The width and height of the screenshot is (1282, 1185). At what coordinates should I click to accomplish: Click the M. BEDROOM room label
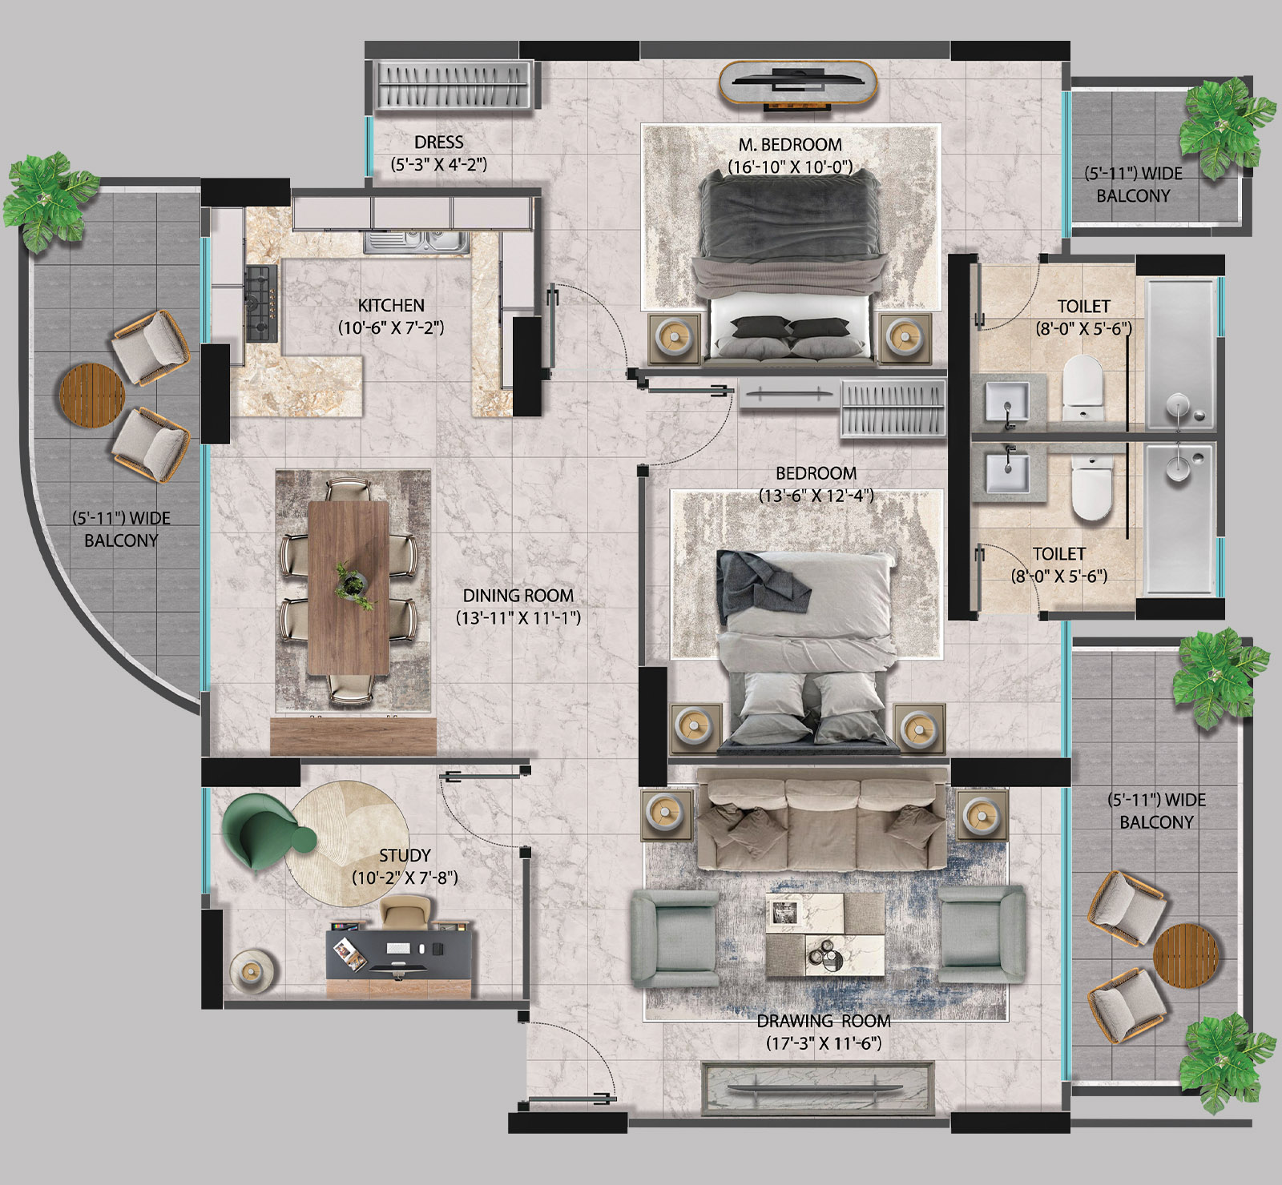coord(790,145)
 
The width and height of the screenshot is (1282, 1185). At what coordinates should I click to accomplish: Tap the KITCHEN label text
coord(391,305)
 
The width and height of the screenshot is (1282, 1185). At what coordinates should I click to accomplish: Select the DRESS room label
coord(439,142)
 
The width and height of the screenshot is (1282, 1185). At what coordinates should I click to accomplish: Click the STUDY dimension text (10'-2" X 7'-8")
coord(405,878)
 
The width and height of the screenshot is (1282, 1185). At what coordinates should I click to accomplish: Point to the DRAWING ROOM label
coord(824,1021)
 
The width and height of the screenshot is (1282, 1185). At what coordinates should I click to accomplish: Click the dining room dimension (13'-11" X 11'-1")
coord(518,618)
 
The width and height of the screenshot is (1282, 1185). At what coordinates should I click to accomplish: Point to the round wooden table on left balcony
coord(93,394)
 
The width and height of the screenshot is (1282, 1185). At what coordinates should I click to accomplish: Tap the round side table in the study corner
coord(252,971)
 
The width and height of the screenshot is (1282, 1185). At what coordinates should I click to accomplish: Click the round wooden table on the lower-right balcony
coord(1186,957)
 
